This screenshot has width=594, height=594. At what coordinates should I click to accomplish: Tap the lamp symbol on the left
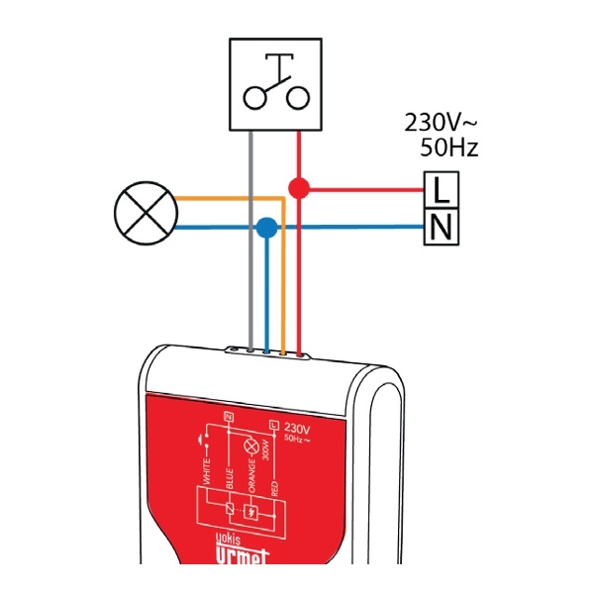tap(145, 213)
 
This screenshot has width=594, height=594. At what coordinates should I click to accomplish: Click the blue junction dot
tap(265, 228)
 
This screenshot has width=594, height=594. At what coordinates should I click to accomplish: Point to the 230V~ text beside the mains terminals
tap(441, 124)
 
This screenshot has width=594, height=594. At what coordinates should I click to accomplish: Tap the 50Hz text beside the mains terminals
tap(448, 148)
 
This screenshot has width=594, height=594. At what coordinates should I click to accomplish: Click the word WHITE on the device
tap(207, 468)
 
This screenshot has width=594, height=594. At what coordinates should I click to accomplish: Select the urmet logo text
tap(244, 560)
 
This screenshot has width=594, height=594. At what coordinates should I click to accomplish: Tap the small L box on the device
tap(274, 424)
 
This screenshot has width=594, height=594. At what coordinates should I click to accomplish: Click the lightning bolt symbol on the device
tap(252, 513)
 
